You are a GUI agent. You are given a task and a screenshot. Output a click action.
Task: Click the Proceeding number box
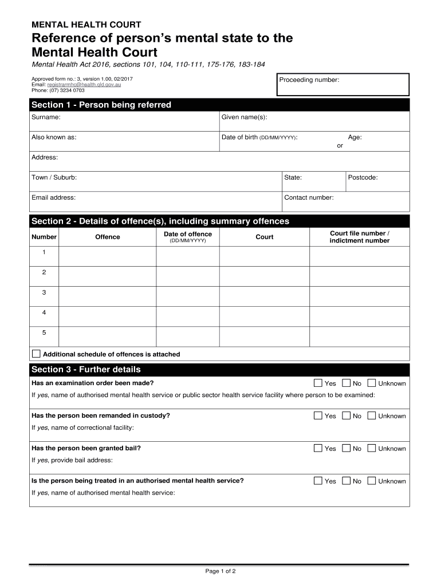click(x=342, y=85)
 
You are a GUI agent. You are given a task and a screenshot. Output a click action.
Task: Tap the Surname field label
click(x=46, y=117)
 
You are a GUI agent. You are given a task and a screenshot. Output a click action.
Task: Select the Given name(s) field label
click(x=244, y=117)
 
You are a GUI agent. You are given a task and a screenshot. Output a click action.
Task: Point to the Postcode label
click(x=363, y=177)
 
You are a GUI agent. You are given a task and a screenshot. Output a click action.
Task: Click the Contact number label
click(x=309, y=197)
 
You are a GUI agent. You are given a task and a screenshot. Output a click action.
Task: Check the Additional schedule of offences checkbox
click(x=36, y=354)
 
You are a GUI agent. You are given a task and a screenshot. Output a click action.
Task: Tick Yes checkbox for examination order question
click(x=318, y=383)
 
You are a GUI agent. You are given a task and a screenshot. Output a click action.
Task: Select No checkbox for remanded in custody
click(x=346, y=415)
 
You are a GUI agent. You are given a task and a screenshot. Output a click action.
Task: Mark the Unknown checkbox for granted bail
click(x=372, y=448)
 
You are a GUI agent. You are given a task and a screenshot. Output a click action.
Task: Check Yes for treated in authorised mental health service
click(x=318, y=481)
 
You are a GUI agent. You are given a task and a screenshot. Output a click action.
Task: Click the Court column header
click(x=265, y=237)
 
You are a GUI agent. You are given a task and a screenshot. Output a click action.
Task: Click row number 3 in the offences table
click(x=44, y=292)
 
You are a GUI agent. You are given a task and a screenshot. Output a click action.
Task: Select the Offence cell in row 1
click(x=108, y=256)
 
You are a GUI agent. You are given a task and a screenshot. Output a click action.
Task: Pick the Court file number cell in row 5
click(x=360, y=336)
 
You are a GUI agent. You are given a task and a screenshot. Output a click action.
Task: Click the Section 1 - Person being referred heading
click(x=101, y=105)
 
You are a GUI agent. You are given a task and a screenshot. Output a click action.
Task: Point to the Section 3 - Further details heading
click(x=86, y=370)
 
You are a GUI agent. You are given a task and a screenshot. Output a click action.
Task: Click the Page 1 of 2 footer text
click(x=220, y=571)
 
